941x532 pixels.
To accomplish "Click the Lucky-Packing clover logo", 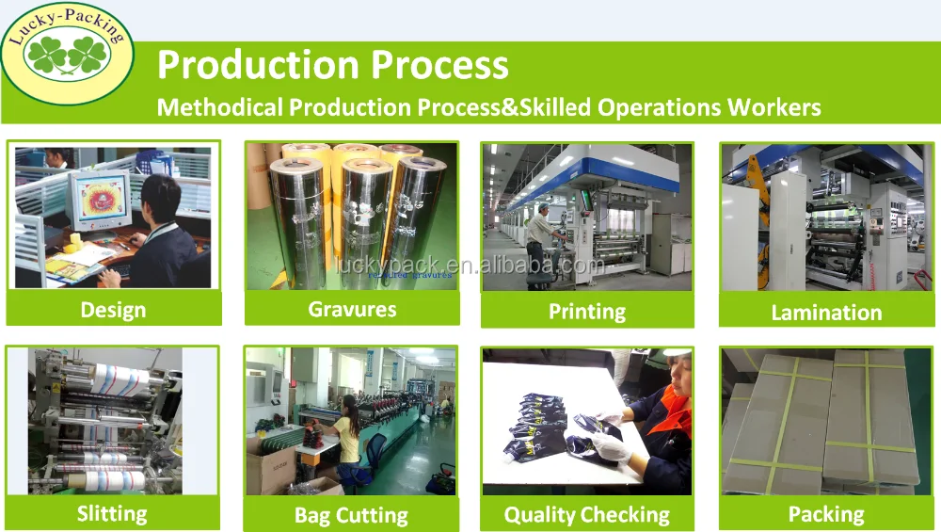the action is click(67, 54).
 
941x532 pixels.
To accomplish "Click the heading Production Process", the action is click(332, 64).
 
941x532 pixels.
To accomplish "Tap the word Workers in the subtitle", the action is click(774, 107).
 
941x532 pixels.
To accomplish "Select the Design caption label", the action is click(114, 310).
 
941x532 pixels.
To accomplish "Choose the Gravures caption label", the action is click(352, 309).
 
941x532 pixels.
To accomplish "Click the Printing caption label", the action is click(587, 312).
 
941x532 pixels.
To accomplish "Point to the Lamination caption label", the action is click(826, 313).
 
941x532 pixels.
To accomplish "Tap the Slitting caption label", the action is click(112, 515).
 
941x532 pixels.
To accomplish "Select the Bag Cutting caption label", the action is click(351, 516).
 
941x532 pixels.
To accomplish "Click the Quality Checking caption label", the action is click(587, 515).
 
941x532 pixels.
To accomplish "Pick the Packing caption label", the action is click(826, 515).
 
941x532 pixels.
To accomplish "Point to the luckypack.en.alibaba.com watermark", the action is click(468, 266).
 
